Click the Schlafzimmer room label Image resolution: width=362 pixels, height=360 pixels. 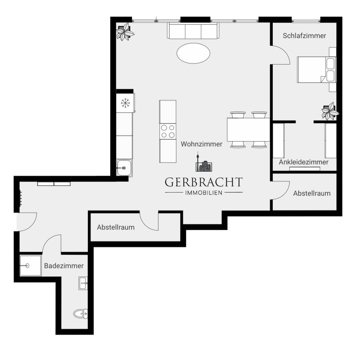click(x=304, y=36)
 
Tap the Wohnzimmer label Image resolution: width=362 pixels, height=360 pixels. click(x=202, y=144)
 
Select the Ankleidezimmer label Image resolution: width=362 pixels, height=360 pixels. click(x=304, y=162)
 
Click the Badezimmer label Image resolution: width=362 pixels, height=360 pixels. click(x=64, y=266)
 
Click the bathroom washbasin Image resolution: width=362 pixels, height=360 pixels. click(x=83, y=283)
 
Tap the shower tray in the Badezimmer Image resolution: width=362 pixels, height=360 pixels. click(x=30, y=265)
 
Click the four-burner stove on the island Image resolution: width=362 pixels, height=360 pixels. click(x=168, y=132)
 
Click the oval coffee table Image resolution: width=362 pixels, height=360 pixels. click(x=193, y=53)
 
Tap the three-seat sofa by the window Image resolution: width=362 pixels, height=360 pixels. click(x=193, y=31)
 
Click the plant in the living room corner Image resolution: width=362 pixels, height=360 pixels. click(x=125, y=32)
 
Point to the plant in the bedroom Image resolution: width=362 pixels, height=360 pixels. click(x=329, y=111)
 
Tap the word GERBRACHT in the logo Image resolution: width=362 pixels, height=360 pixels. click(x=204, y=182)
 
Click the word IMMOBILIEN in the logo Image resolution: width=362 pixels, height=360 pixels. click(x=204, y=193)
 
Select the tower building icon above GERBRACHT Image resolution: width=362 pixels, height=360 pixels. click(x=203, y=164)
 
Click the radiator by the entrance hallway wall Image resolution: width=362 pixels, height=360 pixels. click(x=21, y=198)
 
